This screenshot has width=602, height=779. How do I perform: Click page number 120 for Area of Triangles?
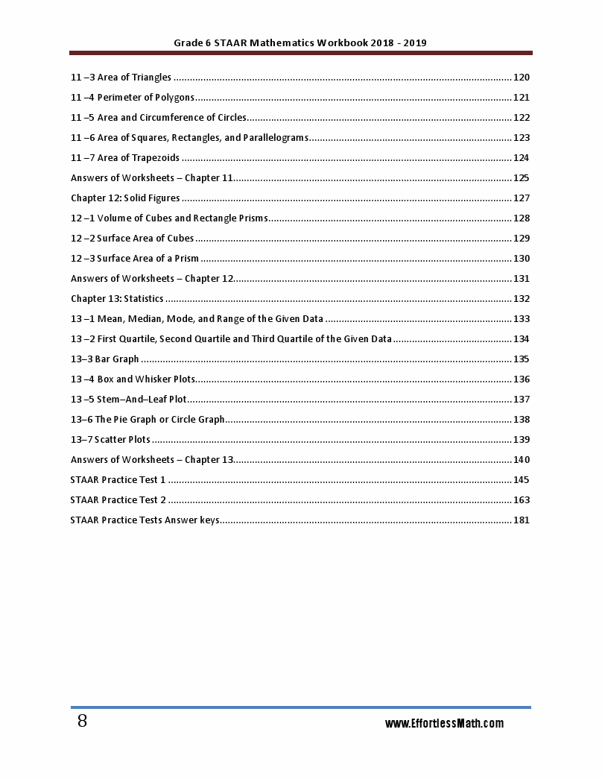click(x=521, y=78)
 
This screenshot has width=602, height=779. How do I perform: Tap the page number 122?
click(x=521, y=118)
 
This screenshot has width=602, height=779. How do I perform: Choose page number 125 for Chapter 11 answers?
click(x=521, y=178)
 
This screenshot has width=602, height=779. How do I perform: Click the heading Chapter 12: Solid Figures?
click(x=125, y=198)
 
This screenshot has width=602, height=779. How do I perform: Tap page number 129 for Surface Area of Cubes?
click(x=521, y=239)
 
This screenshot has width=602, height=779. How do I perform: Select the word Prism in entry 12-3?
click(x=186, y=259)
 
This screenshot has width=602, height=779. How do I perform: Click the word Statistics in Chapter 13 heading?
click(x=144, y=299)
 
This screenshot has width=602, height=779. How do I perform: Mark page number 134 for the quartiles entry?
click(x=521, y=339)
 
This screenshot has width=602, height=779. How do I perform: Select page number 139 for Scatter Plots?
click(x=521, y=440)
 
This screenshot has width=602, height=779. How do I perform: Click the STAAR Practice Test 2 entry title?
click(x=118, y=500)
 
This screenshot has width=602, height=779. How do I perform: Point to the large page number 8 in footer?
click(x=82, y=722)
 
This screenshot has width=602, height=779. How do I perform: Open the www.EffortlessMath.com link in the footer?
click(x=444, y=724)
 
